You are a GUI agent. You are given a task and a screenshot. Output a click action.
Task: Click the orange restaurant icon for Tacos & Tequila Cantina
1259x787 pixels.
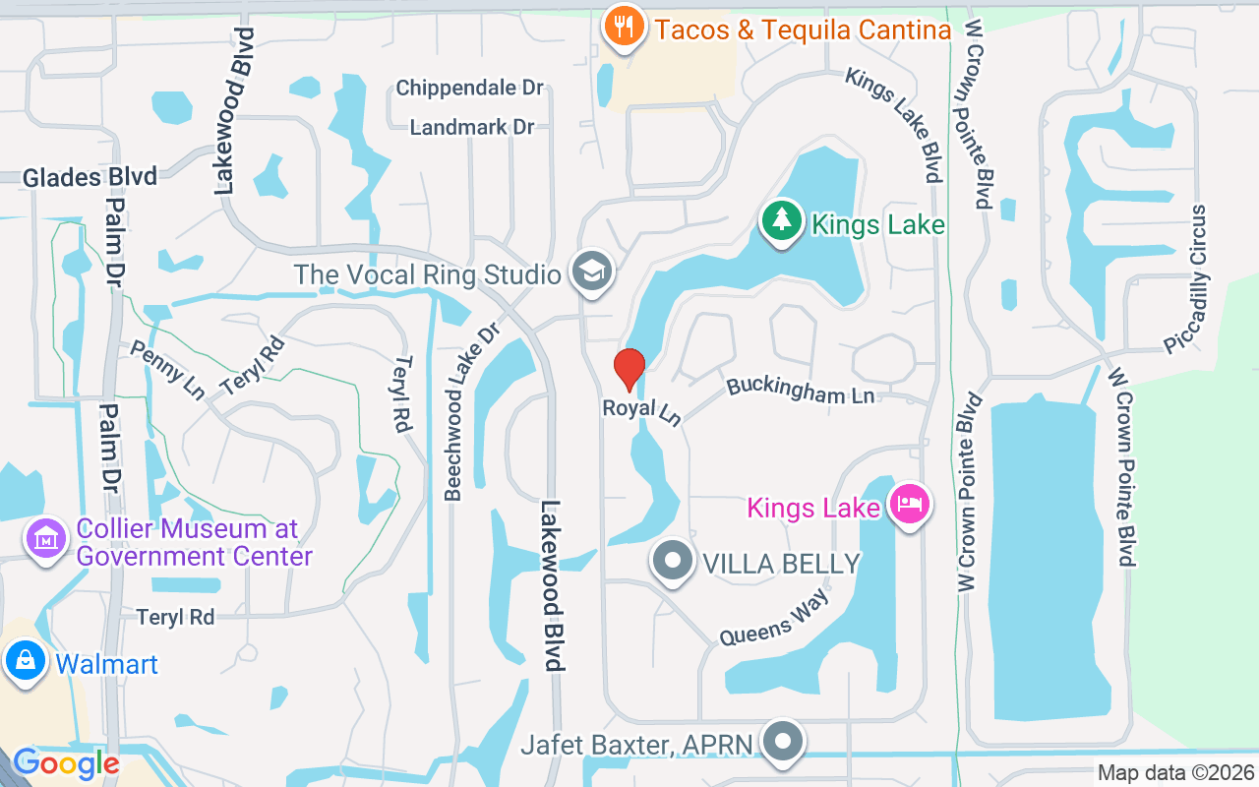(624, 26)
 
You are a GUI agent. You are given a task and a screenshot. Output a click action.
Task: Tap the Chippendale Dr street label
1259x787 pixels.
(469, 88)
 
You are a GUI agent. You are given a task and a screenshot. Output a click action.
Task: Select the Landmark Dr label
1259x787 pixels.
(472, 127)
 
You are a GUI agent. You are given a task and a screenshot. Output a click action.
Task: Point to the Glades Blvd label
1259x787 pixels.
(90, 177)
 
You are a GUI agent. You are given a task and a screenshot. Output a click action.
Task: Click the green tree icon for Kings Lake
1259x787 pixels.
(782, 220)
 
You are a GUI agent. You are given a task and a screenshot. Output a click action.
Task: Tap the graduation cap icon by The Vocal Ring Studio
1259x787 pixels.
(592, 272)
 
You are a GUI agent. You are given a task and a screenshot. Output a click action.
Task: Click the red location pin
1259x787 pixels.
(629, 370)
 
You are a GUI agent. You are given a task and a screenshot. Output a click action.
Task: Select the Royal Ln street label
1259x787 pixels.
(641, 411)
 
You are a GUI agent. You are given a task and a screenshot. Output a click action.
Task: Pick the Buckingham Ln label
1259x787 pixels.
(801, 391)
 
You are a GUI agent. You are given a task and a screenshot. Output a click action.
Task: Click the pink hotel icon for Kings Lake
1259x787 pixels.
(909, 505)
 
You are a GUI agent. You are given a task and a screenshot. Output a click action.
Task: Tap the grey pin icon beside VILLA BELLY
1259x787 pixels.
(674, 561)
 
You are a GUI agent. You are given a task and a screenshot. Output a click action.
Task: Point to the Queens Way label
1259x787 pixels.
(774, 618)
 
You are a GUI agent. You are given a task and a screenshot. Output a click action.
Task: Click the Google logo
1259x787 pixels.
(66, 762)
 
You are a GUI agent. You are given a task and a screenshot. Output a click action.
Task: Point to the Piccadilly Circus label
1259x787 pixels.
(1186, 278)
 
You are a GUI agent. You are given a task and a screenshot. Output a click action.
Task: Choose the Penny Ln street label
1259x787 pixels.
(167, 369)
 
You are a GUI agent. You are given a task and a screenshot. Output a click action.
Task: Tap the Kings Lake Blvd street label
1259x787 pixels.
(894, 124)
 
